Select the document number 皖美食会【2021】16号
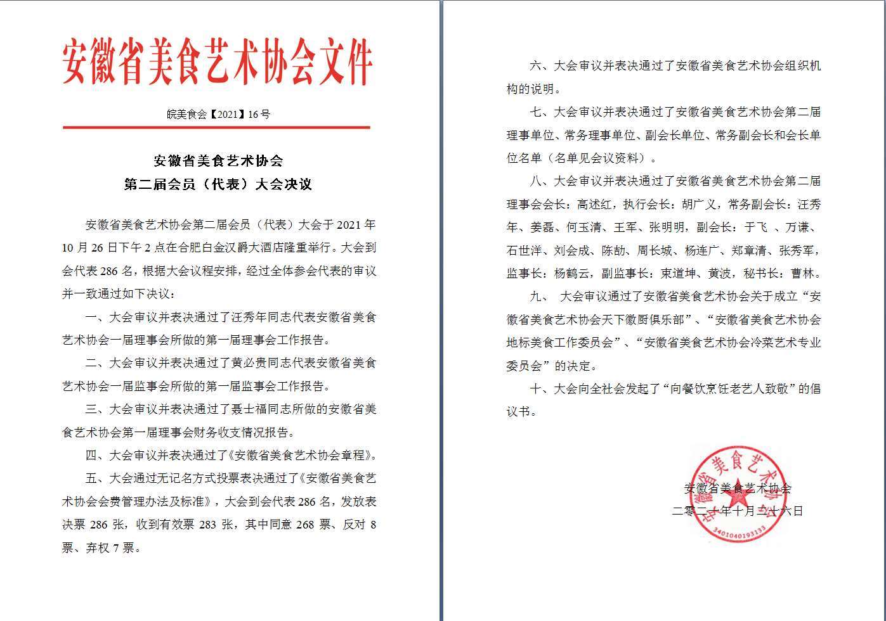point(219,114)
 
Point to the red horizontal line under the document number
point(216,127)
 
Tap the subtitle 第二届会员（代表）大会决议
point(219,184)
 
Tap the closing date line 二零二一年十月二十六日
point(738,511)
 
